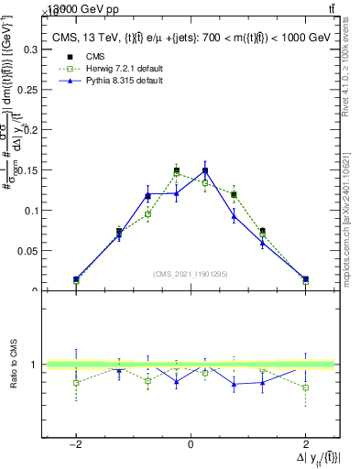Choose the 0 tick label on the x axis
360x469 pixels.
point(191,445)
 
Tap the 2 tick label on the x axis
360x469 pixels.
point(305,445)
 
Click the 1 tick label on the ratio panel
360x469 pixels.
point(34,365)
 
